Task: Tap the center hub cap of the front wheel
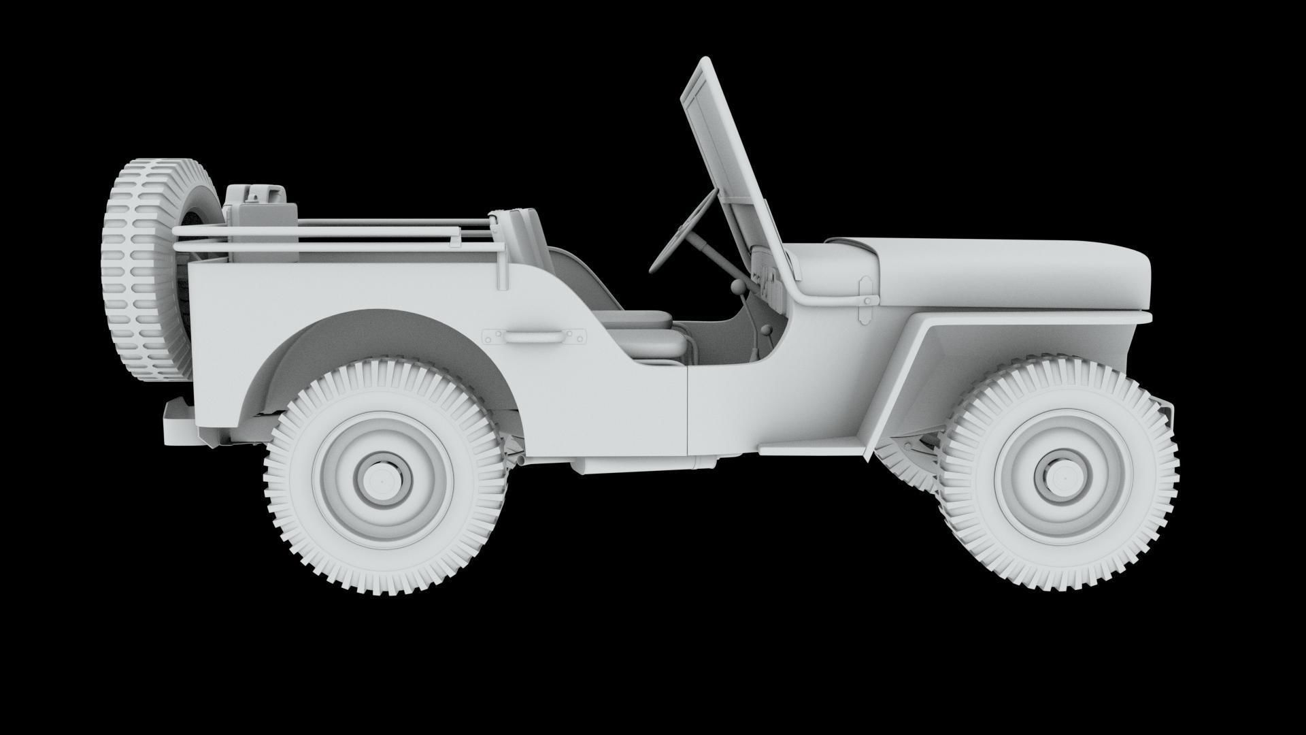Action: coord(1056,476)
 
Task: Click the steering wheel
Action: coord(683,232)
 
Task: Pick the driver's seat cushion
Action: coord(639,320)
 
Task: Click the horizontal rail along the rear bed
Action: coord(320,235)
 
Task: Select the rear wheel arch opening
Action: coord(367,340)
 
